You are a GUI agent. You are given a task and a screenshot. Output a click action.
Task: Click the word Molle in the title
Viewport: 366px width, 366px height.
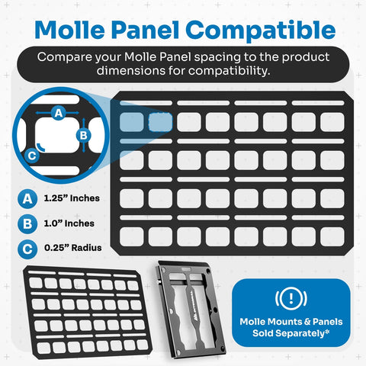tap(74, 30)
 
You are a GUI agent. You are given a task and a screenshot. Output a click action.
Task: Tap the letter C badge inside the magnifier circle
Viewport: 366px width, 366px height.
tap(30, 156)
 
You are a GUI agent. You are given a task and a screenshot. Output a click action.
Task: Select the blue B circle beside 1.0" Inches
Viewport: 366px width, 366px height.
tap(27, 224)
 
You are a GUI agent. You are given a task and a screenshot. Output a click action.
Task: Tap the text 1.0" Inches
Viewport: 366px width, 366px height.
tap(69, 224)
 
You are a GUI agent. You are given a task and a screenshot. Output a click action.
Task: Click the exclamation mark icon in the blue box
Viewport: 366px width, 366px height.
tap(292, 298)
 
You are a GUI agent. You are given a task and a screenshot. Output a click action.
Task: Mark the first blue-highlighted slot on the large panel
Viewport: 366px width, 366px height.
tap(132, 122)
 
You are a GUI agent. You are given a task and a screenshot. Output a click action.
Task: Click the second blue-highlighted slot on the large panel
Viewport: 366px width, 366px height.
tap(160, 122)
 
